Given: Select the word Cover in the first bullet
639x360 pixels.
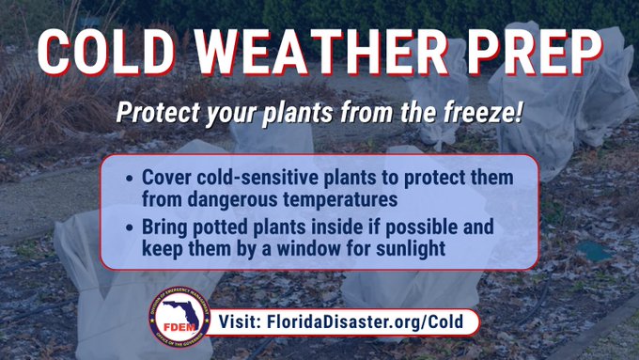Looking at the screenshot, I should (x=165, y=178).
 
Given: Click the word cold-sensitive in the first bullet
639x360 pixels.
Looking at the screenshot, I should (x=250, y=178).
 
